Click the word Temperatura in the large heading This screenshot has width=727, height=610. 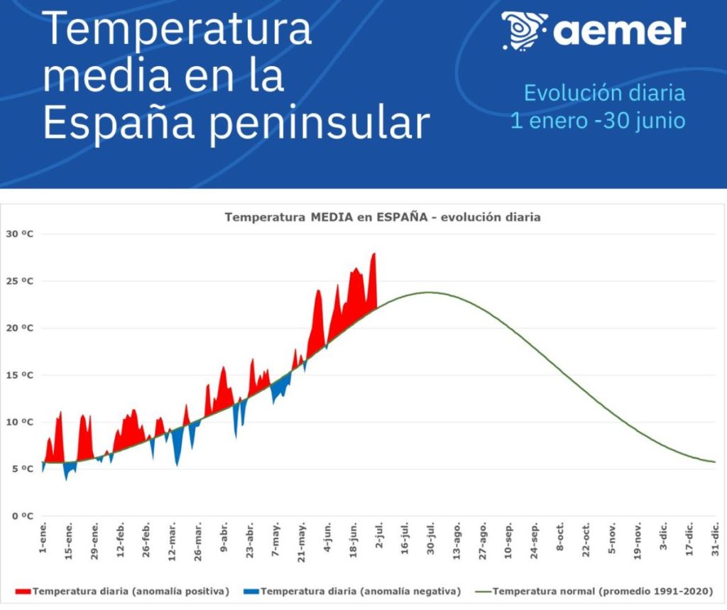pos(177,29)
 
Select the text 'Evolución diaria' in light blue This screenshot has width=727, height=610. pos(604,93)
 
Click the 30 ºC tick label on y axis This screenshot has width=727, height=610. pos(21,234)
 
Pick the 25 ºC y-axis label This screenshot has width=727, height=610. pos(21,281)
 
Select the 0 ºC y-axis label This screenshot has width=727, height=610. pos(23,516)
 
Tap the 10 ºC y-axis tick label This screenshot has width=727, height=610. pos(21,423)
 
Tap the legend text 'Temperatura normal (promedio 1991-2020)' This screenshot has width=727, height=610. pos(603,591)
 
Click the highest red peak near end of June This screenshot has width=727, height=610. pos(374,254)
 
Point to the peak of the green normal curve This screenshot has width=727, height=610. pos(428,293)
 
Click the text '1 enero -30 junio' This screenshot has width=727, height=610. pos(598,121)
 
